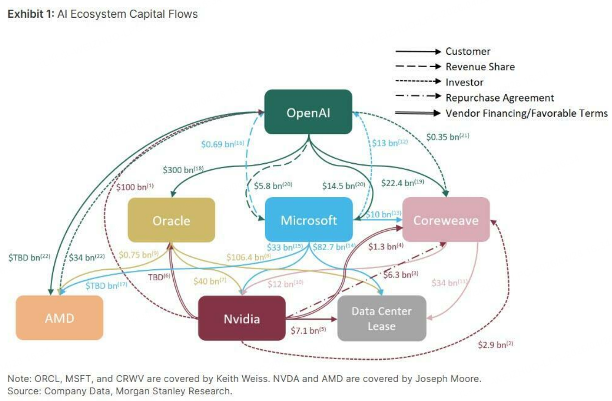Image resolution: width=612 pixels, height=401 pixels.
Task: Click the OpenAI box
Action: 308,112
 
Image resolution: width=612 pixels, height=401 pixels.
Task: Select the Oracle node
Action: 171,221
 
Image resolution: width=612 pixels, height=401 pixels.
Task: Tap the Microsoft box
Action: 309,220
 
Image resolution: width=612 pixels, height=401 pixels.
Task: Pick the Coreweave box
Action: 446,220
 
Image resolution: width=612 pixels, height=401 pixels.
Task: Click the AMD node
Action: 59,318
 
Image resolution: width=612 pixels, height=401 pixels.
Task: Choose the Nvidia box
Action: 241,319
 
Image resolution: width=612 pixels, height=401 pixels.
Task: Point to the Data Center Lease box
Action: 381,318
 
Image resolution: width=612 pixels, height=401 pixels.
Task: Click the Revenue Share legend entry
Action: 480,67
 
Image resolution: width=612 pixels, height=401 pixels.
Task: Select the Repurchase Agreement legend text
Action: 500,98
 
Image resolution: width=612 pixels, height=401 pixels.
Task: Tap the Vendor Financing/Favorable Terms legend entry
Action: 526,113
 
